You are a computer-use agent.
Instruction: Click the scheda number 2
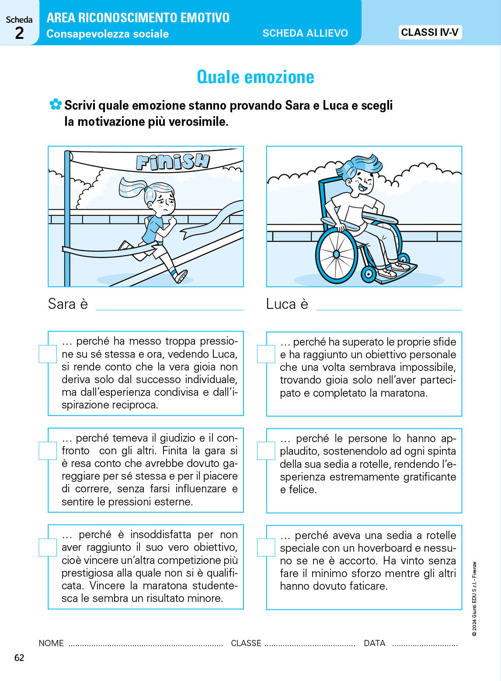[x=19, y=33]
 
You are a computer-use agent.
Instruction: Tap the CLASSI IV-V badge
[x=430, y=32]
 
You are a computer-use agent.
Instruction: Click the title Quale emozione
[x=255, y=77]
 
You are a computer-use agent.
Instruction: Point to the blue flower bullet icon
[x=55, y=104]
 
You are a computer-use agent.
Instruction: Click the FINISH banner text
[x=172, y=162]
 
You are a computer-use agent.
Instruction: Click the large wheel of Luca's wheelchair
[x=336, y=253]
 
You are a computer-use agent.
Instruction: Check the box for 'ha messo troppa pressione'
[x=48, y=354]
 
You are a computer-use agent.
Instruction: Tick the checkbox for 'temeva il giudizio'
[x=48, y=451]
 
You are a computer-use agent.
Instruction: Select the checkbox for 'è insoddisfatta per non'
[x=48, y=547]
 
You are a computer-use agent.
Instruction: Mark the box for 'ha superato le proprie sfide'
[x=266, y=354]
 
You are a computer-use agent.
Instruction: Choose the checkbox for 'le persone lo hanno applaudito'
[x=266, y=451]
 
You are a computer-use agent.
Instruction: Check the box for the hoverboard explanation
[x=266, y=547]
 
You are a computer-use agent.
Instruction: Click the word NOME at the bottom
[x=51, y=643]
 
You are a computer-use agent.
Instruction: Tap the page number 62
[x=19, y=658]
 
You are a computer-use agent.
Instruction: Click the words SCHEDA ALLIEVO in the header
[x=305, y=33]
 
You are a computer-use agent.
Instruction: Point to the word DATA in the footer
[x=375, y=643]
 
